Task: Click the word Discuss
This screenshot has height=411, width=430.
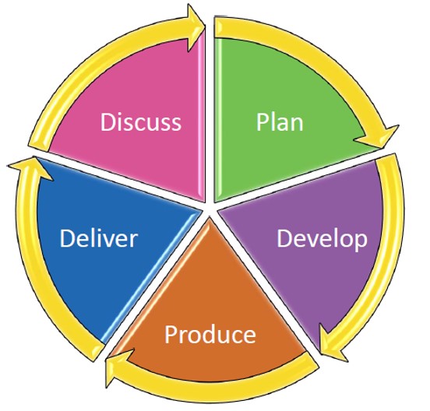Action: click(141, 122)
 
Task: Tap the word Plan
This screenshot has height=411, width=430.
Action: click(280, 122)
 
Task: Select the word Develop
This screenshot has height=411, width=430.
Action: click(322, 239)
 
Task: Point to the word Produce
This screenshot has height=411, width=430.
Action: click(210, 335)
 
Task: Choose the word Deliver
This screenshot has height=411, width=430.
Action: click(98, 238)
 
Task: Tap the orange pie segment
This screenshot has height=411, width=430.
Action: click(210, 315)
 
